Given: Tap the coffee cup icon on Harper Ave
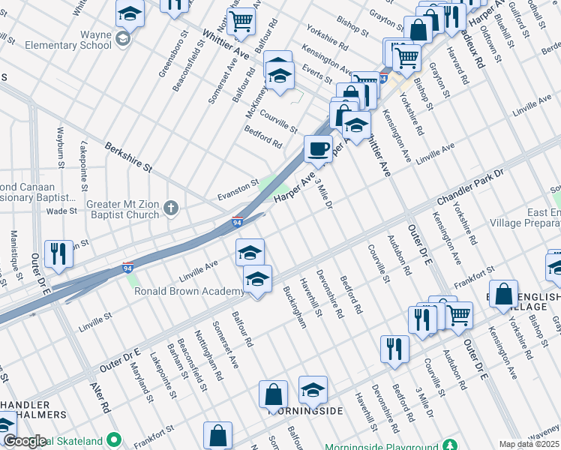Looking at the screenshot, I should coord(318,148).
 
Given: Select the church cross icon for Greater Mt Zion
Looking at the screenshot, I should coord(171,208).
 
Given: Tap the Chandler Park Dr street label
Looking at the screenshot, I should coord(480,184).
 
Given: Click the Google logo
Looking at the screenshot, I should coord(24,441).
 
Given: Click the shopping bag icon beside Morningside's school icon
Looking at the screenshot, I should coord(273,393).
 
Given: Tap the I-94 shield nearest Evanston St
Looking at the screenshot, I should coord(237,222).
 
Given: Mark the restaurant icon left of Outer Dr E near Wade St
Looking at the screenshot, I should coord(58,253).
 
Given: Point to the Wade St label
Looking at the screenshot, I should coord(62,211).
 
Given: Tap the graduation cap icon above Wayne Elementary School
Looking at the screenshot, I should coord(129,13).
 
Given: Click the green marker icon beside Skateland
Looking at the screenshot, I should coord(114,439).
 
